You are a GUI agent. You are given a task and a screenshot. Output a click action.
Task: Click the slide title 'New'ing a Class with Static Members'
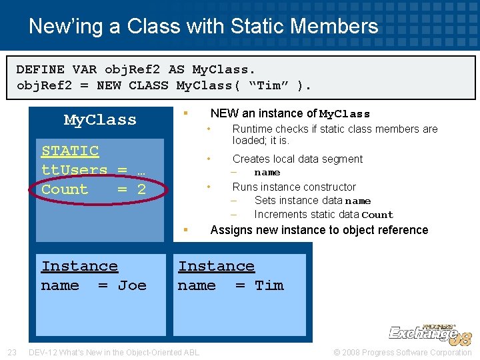[203, 27]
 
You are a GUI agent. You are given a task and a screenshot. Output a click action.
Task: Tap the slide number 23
[11, 353]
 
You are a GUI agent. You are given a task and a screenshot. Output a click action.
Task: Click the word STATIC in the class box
[70, 151]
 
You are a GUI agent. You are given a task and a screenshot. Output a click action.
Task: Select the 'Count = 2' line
[93, 189]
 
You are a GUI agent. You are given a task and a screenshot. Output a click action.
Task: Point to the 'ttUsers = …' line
[93, 170]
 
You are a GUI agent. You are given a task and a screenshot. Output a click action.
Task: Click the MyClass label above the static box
[100, 120]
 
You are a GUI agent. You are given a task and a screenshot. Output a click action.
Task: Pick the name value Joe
[132, 286]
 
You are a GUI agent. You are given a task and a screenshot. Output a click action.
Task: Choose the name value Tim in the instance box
[269, 285]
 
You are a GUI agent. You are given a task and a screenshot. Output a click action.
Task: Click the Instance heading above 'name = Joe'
[79, 267]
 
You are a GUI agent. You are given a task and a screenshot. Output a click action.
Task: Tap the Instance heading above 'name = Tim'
[216, 267]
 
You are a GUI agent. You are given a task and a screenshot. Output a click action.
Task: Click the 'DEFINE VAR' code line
[136, 69]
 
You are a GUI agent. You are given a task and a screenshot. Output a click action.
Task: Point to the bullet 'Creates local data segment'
[297, 159]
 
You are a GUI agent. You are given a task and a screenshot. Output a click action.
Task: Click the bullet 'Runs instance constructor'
[294, 187]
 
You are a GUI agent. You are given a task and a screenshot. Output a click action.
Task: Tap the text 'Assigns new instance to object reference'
[319, 230]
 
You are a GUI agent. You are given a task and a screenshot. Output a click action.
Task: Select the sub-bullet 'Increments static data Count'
[323, 215]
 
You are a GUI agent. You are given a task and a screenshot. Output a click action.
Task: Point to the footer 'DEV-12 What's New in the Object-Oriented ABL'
[114, 353]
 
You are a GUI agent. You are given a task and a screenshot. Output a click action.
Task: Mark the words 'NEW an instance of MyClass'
[290, 114]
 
